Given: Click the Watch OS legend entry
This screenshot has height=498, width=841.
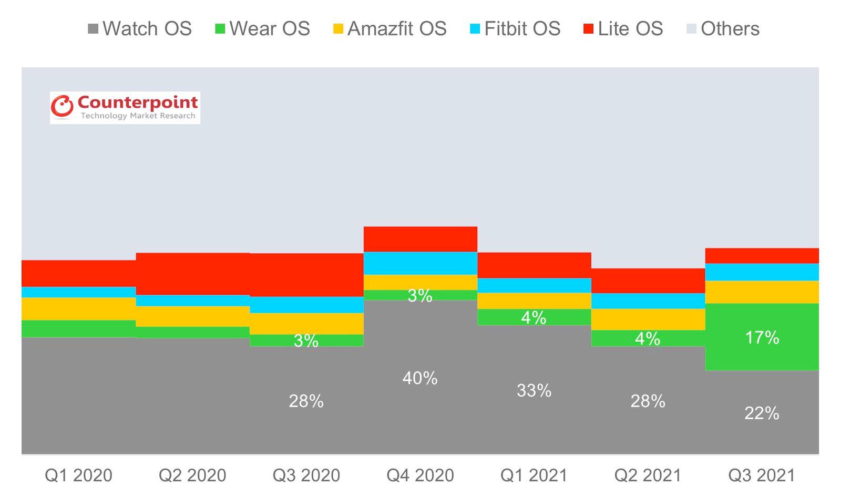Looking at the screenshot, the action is [139, 28].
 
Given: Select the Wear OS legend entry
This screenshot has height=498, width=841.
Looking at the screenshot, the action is [262, 28].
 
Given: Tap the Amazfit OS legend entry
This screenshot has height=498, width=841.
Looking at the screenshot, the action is [389, 28].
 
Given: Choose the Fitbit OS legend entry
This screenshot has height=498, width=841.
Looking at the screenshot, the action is [515, 28].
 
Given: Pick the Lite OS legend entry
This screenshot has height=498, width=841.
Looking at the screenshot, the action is [623, 28].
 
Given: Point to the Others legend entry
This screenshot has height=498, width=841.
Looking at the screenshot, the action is [723, 28].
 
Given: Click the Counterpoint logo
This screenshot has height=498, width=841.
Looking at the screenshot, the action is [125, 108].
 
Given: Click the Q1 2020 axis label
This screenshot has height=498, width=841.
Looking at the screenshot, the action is [78, 475].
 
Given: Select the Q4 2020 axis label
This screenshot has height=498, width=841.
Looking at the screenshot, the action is [420, 475].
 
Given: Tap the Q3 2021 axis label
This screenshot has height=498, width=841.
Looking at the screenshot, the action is [762, 475].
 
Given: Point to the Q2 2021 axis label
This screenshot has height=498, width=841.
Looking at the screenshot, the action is [648, 475].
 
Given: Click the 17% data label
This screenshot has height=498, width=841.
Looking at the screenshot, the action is [762, 337].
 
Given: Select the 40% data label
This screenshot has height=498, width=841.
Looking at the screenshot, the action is [420, 378].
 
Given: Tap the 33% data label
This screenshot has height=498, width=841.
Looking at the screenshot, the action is [534, 390].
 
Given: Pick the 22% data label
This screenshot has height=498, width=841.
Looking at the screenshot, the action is [762, 413].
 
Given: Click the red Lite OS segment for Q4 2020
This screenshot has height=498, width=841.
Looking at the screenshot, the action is [420, 239].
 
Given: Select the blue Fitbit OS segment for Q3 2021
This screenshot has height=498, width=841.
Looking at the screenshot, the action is [762, 272].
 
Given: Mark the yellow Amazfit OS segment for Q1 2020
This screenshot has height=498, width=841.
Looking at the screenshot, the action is [78, 309].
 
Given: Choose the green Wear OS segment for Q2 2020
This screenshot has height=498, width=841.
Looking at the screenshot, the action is [192, 332].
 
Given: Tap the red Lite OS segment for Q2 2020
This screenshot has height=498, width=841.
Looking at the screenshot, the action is [192, 274].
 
